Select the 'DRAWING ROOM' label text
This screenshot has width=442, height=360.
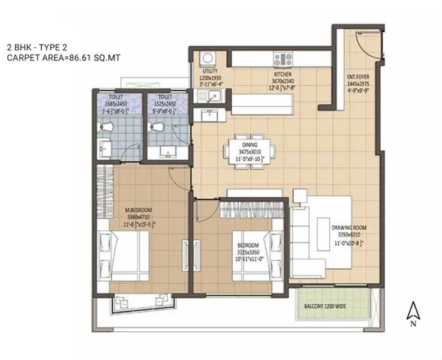348,228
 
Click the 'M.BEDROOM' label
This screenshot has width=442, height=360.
138,209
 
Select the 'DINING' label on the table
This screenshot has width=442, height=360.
250,145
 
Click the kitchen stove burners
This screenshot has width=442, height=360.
282,59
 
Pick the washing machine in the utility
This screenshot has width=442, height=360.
208,59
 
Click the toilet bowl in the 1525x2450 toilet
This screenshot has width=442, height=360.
157,127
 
